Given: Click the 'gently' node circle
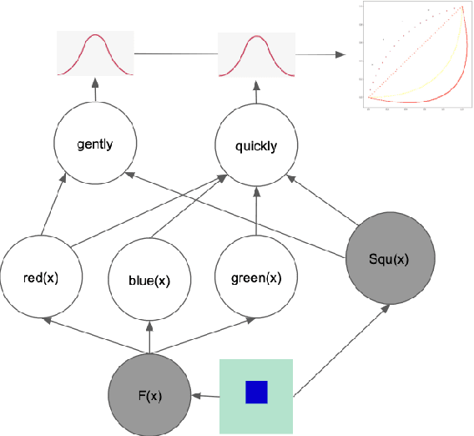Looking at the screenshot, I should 94,144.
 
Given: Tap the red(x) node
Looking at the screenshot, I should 42,276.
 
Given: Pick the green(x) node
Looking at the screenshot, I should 255,276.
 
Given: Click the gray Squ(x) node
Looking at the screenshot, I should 390,259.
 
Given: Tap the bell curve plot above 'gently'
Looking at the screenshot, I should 95,53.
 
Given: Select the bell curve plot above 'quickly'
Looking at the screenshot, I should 256,53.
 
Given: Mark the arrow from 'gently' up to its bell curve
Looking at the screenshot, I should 95,93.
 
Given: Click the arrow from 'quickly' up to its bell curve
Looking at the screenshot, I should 256,93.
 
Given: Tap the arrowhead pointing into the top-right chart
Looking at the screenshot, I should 340,54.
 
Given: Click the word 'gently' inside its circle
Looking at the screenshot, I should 94,144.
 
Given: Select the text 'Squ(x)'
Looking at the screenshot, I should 390,259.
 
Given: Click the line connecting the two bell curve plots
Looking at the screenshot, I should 175,54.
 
